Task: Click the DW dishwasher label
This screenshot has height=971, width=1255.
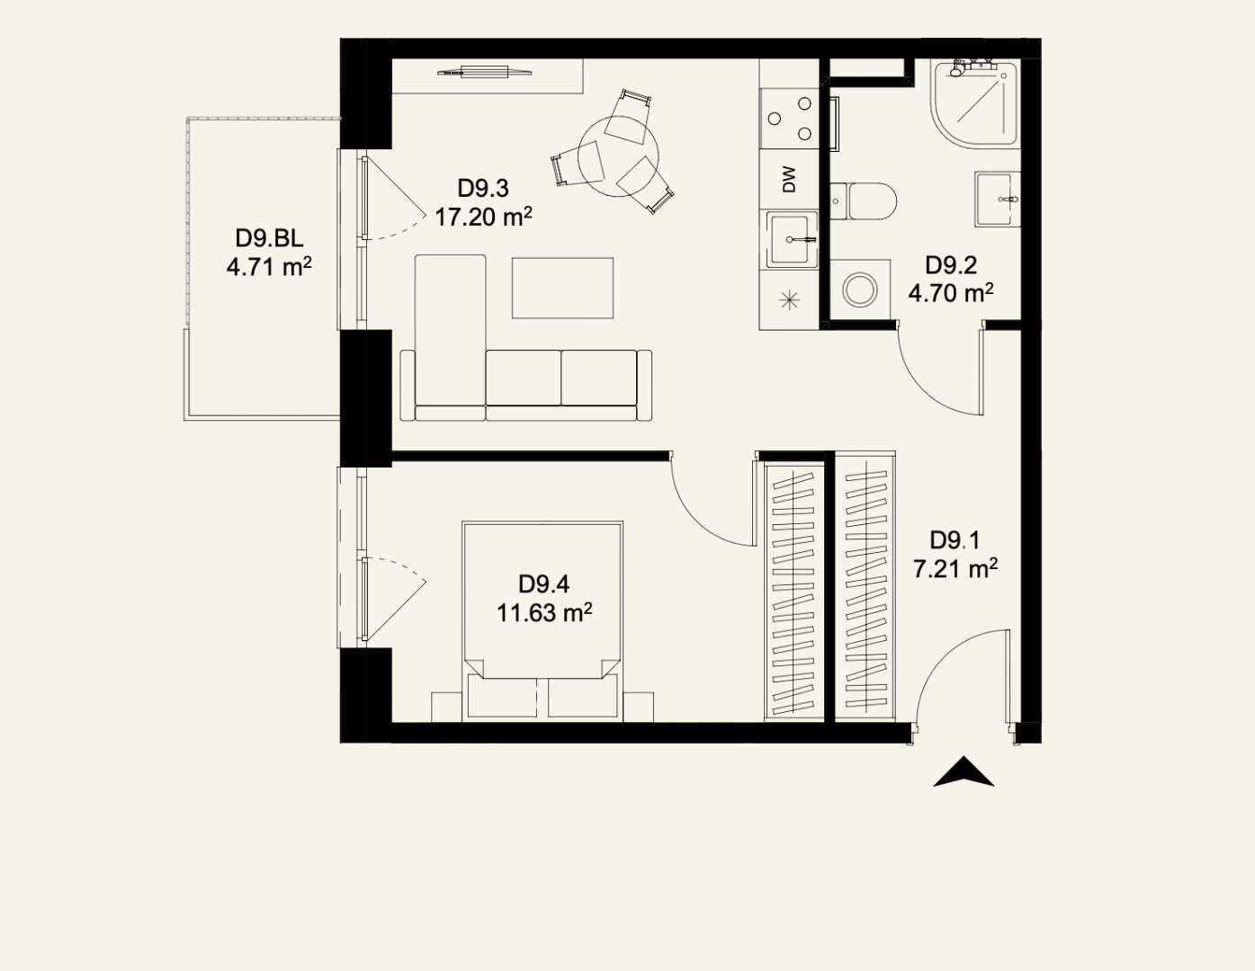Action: (789, 180)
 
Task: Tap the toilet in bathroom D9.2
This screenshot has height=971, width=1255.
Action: (864, 201)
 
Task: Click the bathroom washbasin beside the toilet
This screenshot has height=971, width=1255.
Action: (998, 199)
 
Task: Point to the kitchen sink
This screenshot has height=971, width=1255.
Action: (792, 239)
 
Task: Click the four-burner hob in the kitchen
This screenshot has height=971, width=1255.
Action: (790, 119)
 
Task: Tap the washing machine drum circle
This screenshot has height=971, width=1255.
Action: (860, 290)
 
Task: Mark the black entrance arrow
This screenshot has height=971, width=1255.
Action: (964, 772)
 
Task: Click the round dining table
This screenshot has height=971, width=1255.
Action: (618, 156)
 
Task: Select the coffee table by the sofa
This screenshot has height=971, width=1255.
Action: (562, 288)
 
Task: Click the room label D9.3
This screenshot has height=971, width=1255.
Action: (483, 189)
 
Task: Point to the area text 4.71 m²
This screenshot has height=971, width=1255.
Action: (269, 267)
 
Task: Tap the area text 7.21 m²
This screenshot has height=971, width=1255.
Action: (955, 569)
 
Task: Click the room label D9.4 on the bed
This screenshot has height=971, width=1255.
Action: (543, 583)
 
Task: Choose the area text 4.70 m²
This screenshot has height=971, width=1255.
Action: (951, 293)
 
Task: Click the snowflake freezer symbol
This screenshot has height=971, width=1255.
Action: (789, 300)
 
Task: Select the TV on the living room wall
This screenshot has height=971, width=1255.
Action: (485, 72)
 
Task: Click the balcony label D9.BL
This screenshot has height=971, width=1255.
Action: (269, 238)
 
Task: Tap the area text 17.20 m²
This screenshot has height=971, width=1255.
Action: (483, 217)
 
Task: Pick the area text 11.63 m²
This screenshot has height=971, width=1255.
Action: (544, 612)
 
